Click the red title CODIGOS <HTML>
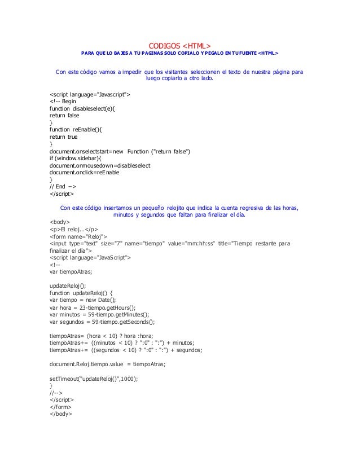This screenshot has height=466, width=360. (x=179, y=45)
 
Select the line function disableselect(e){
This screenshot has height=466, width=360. (x=82, y=108)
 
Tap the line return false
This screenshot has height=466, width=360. (x=64, y=115)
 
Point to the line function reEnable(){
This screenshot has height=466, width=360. (x=77, y=129)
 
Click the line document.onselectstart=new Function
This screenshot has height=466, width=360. (x=120, y=151)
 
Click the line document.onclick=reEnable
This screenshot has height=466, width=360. (x=85, y=173)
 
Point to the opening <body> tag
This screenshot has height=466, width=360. (x=60, y=222)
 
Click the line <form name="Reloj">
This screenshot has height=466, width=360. (x=78, y=237)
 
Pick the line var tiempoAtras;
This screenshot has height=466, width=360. (x=71, y=272)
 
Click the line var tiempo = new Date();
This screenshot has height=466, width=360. (x=82, y=301)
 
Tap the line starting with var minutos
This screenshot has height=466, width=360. (x=99, y=315)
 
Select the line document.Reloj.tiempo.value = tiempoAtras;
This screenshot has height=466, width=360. (x=107, y=364)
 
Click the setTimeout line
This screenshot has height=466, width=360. (x=94, y=379)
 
